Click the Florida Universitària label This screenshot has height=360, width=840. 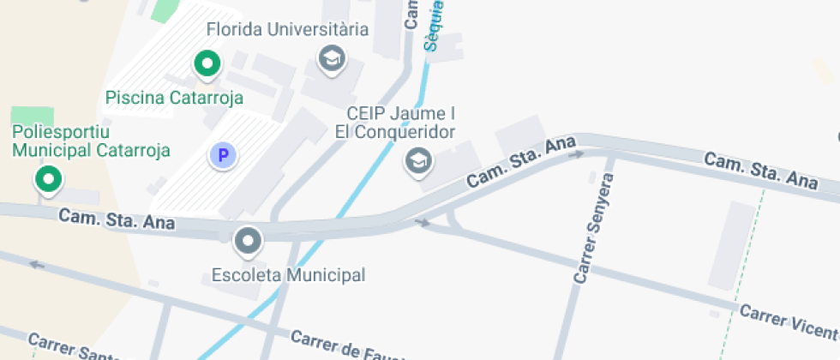click(287, 29)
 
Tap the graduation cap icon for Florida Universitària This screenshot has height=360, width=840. click(331, 59)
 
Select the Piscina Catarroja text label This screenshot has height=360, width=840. click(174, 98)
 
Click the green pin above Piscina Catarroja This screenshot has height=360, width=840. click(206, 63)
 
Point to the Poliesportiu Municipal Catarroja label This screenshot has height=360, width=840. click(91, 141)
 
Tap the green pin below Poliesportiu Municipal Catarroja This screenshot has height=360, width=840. click(48, 179)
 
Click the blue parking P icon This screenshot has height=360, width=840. click(223, 155)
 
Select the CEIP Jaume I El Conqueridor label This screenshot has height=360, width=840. click(400, 123)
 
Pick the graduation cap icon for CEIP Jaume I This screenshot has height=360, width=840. click(418, 159)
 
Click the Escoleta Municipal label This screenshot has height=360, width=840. click(288, 275)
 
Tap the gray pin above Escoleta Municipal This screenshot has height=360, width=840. click(249, 241)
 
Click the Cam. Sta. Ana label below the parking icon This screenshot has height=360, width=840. click(117, 219)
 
